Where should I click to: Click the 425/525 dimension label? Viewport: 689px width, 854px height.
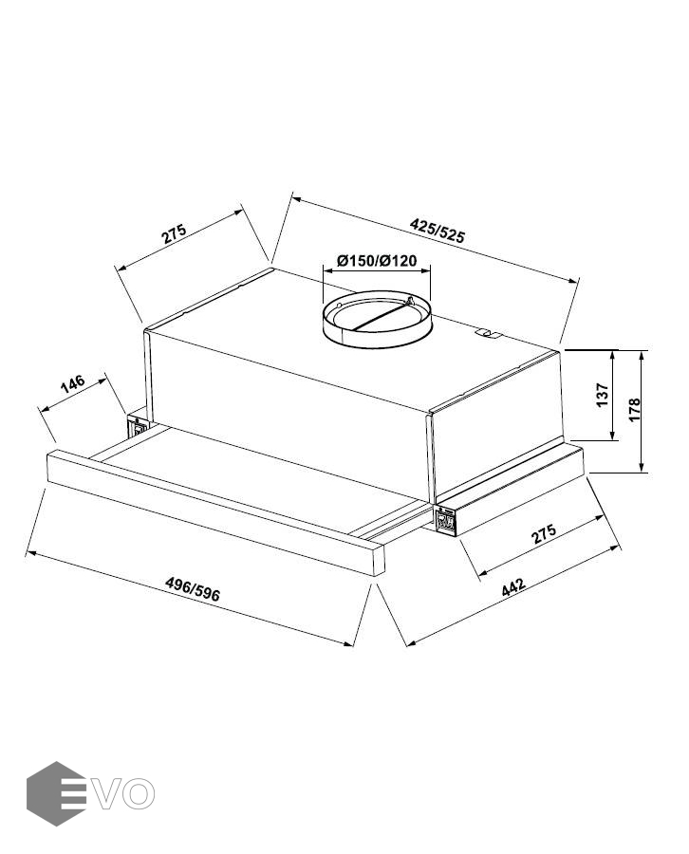click(438, 230)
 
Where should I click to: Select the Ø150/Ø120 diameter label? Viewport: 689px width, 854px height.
click(377, 260)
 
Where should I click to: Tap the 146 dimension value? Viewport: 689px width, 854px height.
click(72, 383)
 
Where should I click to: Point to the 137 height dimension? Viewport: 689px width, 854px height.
click(602, 395)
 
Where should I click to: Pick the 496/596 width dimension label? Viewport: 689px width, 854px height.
click(193, 589)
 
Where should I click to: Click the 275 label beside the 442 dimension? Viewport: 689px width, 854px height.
click(544, 533)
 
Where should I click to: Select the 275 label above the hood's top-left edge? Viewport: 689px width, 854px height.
click(174, 233)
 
